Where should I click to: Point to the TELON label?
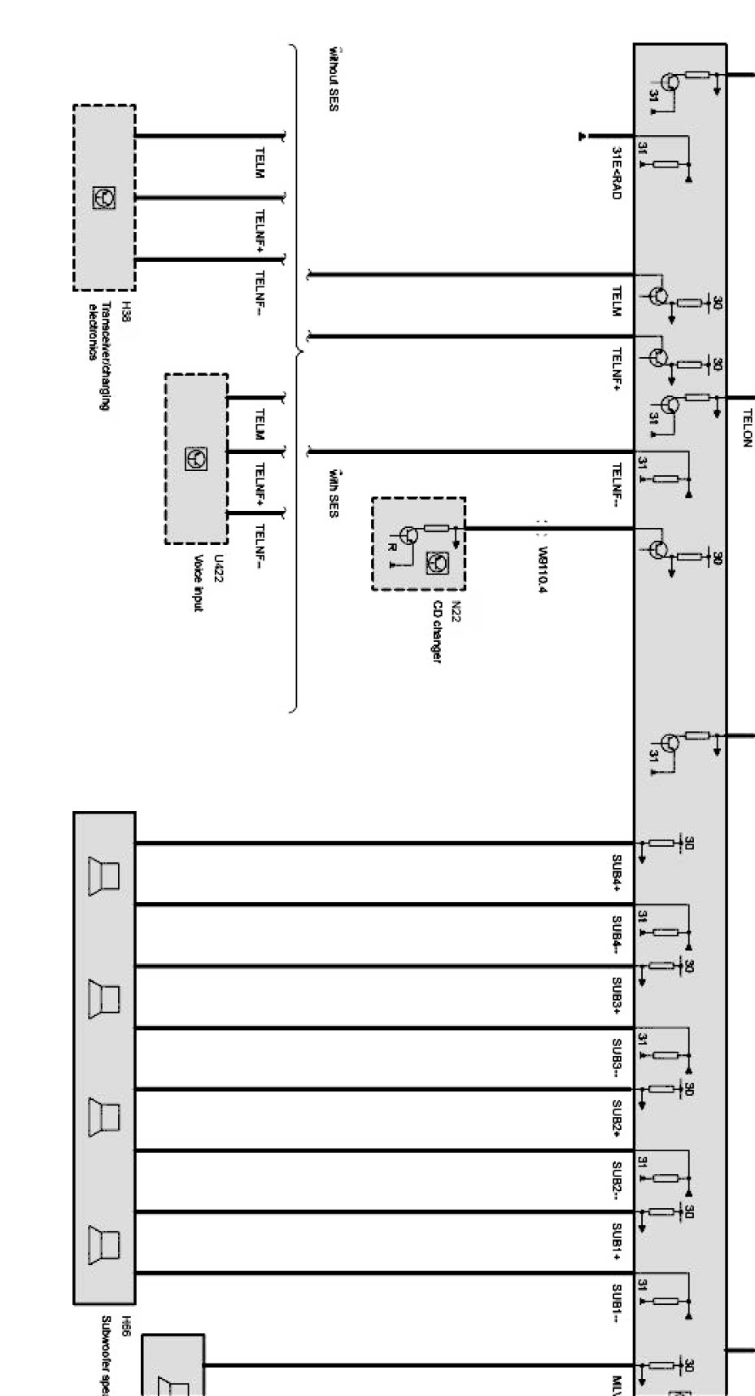pyautogui.click(x=747, y=427)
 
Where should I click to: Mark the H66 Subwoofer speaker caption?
pyautogui.click(x=115, y=1355)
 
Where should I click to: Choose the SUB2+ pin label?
pyautogui.click(x=617, y=1119)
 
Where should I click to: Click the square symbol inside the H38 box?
pyautogui.click(x=104, y=197)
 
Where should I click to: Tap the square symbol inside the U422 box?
pyautogui.click(x=196, y=458)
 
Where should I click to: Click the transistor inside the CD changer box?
pyautogui.click(x=409, y=534)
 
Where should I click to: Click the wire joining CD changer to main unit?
pyautogui.click(x=549, y=529)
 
